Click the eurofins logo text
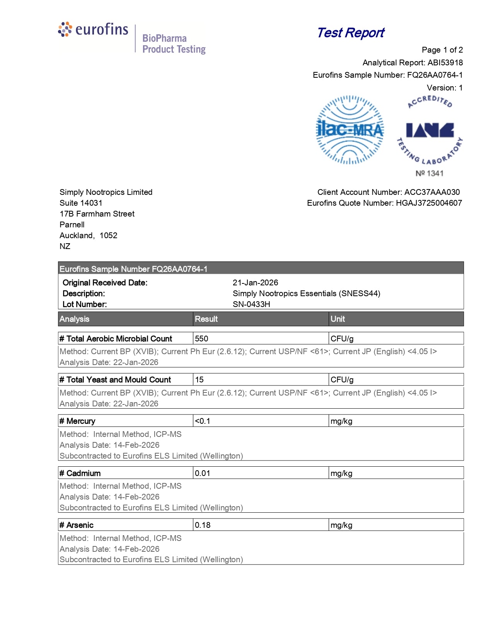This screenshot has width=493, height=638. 101,30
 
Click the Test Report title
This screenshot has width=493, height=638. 350,33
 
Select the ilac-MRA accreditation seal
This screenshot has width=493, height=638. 350,130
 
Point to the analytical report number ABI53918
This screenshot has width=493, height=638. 445,63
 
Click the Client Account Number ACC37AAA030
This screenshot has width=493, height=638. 432,192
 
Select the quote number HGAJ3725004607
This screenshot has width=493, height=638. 429,203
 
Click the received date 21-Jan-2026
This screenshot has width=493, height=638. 255,283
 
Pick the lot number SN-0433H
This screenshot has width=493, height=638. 251,304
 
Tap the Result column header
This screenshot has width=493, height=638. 206,319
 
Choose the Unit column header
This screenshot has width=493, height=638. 338,319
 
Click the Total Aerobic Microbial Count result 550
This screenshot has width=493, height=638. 201,339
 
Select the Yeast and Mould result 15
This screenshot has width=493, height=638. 199,380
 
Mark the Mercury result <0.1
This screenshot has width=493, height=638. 202,421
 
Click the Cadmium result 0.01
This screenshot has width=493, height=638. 202,473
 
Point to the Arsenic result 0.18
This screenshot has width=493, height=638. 203,525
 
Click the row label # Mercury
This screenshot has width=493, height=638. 77,421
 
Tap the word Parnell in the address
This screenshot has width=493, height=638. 72,225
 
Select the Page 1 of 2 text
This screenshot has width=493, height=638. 442,50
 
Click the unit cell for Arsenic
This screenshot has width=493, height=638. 341,525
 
